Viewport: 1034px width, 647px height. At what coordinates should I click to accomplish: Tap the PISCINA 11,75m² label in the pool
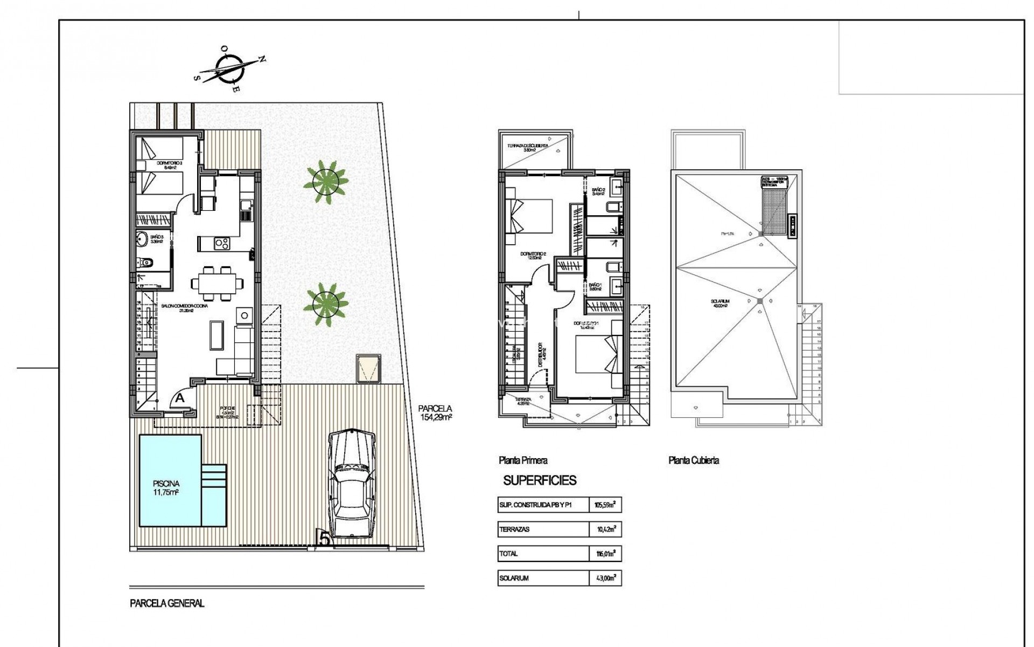165,487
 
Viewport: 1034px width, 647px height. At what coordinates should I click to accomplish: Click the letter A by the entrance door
180,398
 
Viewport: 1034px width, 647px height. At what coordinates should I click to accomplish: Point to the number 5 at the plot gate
324,539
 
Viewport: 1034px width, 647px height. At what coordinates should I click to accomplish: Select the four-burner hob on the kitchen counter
221,244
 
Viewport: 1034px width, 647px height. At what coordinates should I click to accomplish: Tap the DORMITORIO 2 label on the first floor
533,254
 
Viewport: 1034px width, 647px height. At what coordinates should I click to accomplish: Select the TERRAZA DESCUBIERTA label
528,148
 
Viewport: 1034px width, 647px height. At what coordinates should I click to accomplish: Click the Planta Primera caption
522,460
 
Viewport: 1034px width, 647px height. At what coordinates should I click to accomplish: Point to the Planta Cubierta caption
693,460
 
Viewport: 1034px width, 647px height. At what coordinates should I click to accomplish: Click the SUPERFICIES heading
540,480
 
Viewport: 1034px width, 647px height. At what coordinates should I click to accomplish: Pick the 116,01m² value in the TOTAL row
605,553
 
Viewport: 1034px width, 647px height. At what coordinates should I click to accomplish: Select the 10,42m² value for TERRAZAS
605,529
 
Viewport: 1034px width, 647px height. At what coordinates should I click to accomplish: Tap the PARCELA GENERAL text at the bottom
167,604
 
